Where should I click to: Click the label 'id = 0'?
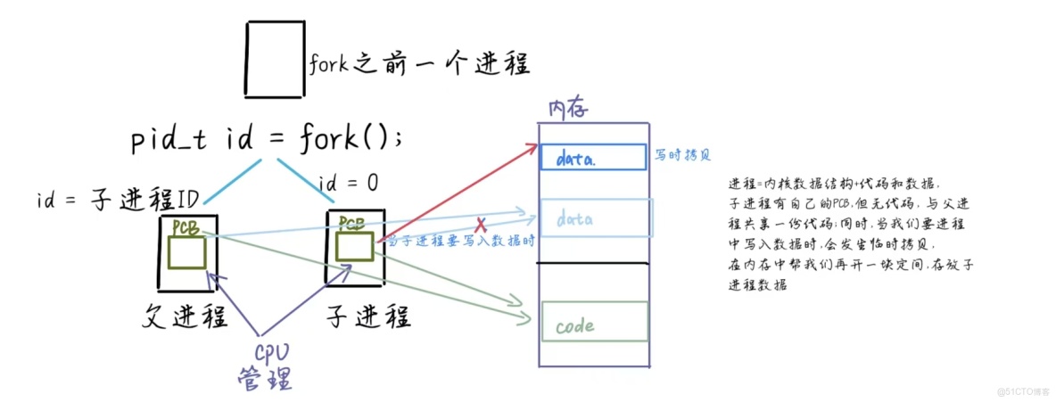pos(348,184)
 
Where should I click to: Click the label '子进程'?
pos(368,316)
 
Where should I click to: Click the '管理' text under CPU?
pos(264,380)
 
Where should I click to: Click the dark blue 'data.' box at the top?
pos(593,157)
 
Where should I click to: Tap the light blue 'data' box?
pos(596,217)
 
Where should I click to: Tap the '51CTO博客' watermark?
pos(1019,391)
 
